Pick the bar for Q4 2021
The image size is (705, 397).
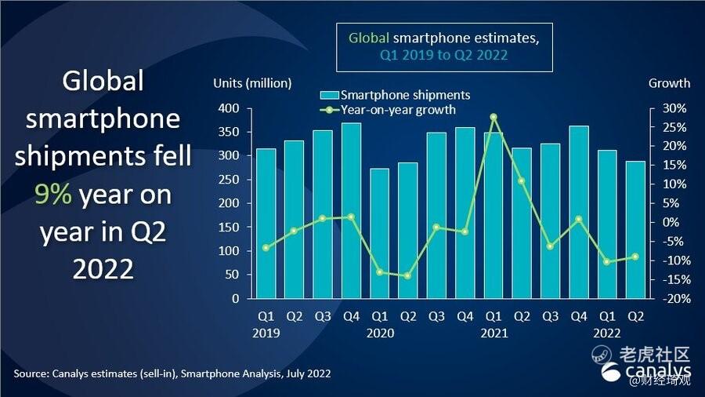pyautogui.click(x=579, y=212)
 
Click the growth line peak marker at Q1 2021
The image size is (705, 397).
pyautogui.click(x=493, y=117)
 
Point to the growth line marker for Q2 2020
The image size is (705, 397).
pyautogui.click(x=408, y=276)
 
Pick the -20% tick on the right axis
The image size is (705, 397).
pyautogui.click(x=675, y=299)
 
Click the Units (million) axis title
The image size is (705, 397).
pyautogui.click(x=252, y=83)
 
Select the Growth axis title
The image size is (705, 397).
pyautogui.click(x=669, y=83)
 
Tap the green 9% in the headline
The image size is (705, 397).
pyautogui.click(x=54, y=195)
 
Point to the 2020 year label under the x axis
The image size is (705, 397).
pyautogui.click(x=379, y=333)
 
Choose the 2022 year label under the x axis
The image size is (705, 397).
pyautogui.click(x=607, y=333)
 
